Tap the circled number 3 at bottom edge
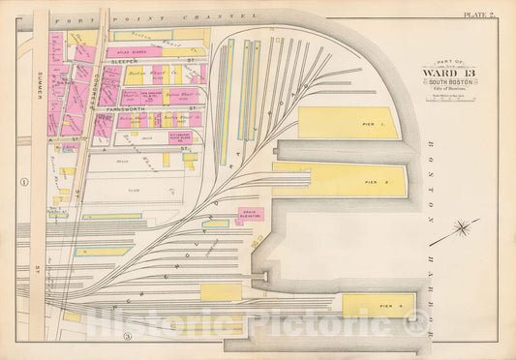point(126,336)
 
